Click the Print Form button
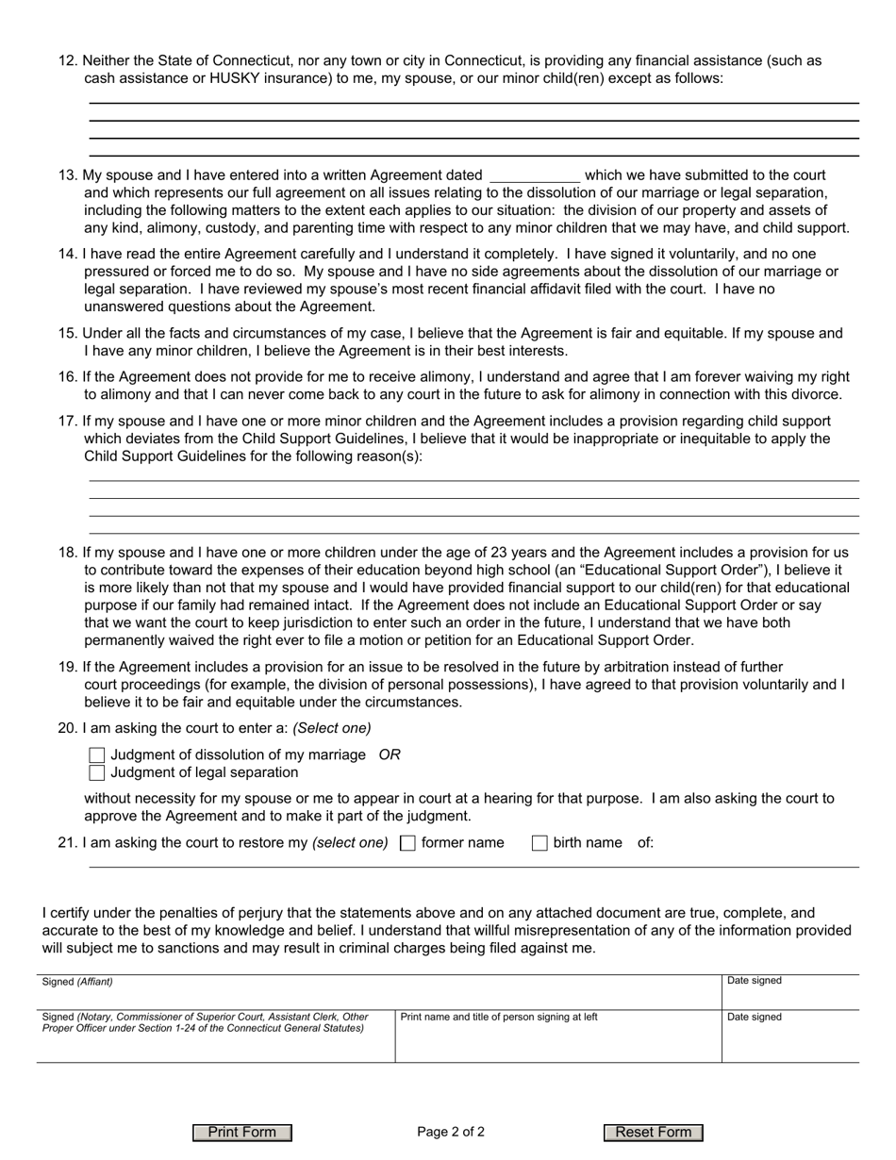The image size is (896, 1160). [242, 1133]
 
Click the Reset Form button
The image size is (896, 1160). [654, 1133]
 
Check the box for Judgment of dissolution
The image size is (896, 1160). [96, 755]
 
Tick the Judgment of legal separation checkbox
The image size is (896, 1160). [96, 773]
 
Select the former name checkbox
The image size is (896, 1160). [407, 843]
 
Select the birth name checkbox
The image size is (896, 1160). [539, 843]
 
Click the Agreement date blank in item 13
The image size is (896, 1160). [535, 175]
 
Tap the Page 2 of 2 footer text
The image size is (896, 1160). [451, 1133]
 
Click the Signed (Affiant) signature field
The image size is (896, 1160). [377, 993]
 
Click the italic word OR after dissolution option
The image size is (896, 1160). [390, 755]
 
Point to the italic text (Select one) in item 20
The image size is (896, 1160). [332, 729]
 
